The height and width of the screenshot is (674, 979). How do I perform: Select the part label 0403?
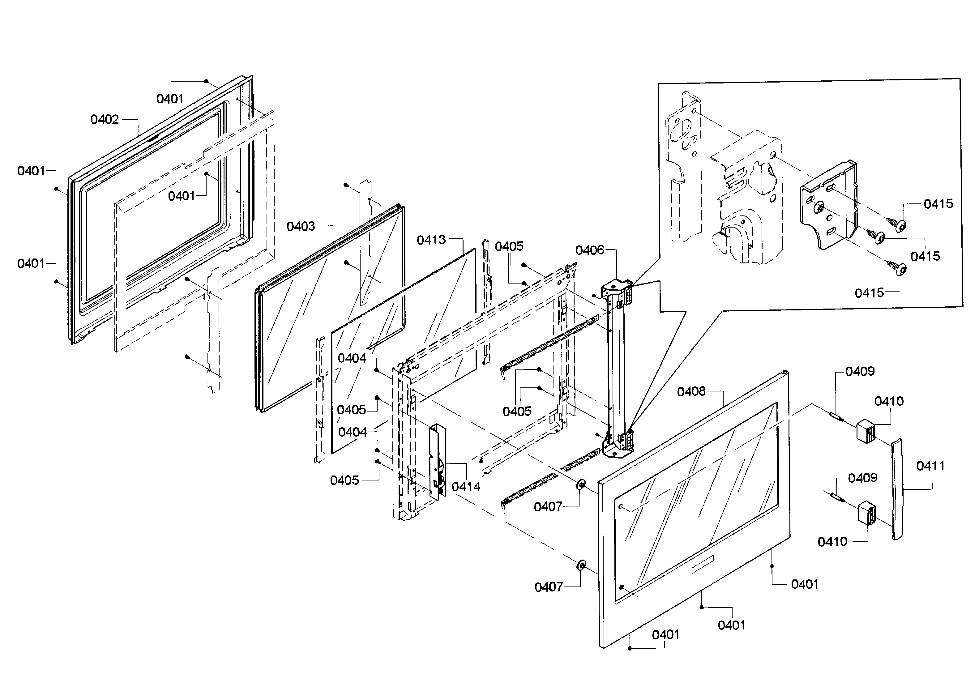301,226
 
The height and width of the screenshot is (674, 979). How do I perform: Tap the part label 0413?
431,240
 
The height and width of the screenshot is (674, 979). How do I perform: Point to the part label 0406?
590,250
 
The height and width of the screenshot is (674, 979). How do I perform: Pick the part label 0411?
930,466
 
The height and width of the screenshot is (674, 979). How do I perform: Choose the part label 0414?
466,487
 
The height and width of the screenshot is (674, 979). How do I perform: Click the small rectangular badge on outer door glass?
702,565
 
